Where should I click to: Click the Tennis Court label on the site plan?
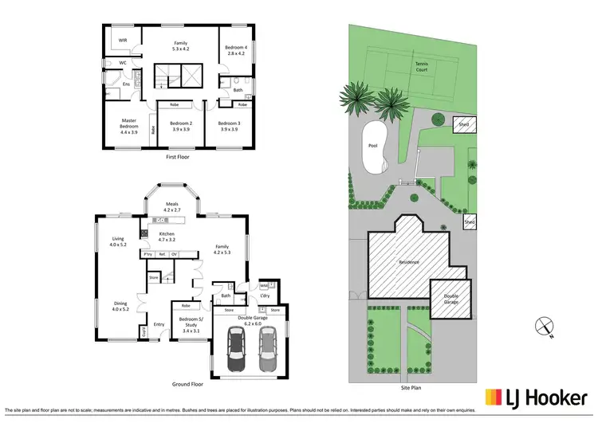[x=421, y=67]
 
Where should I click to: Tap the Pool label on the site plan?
[x=372, y=147]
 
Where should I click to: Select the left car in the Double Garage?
[x=238, y=351]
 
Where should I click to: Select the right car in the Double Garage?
[x=267, y=351]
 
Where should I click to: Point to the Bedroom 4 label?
[x=235, y=50]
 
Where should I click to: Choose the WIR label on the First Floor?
[x=123, y=40]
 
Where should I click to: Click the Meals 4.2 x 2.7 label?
[x=172, y=206]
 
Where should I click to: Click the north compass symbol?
[x=543, y=325]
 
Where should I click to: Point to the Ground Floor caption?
[x=187, y=383]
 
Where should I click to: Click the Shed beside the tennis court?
[x=462, y=124]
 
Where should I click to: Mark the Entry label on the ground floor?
[x=159, y=324]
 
